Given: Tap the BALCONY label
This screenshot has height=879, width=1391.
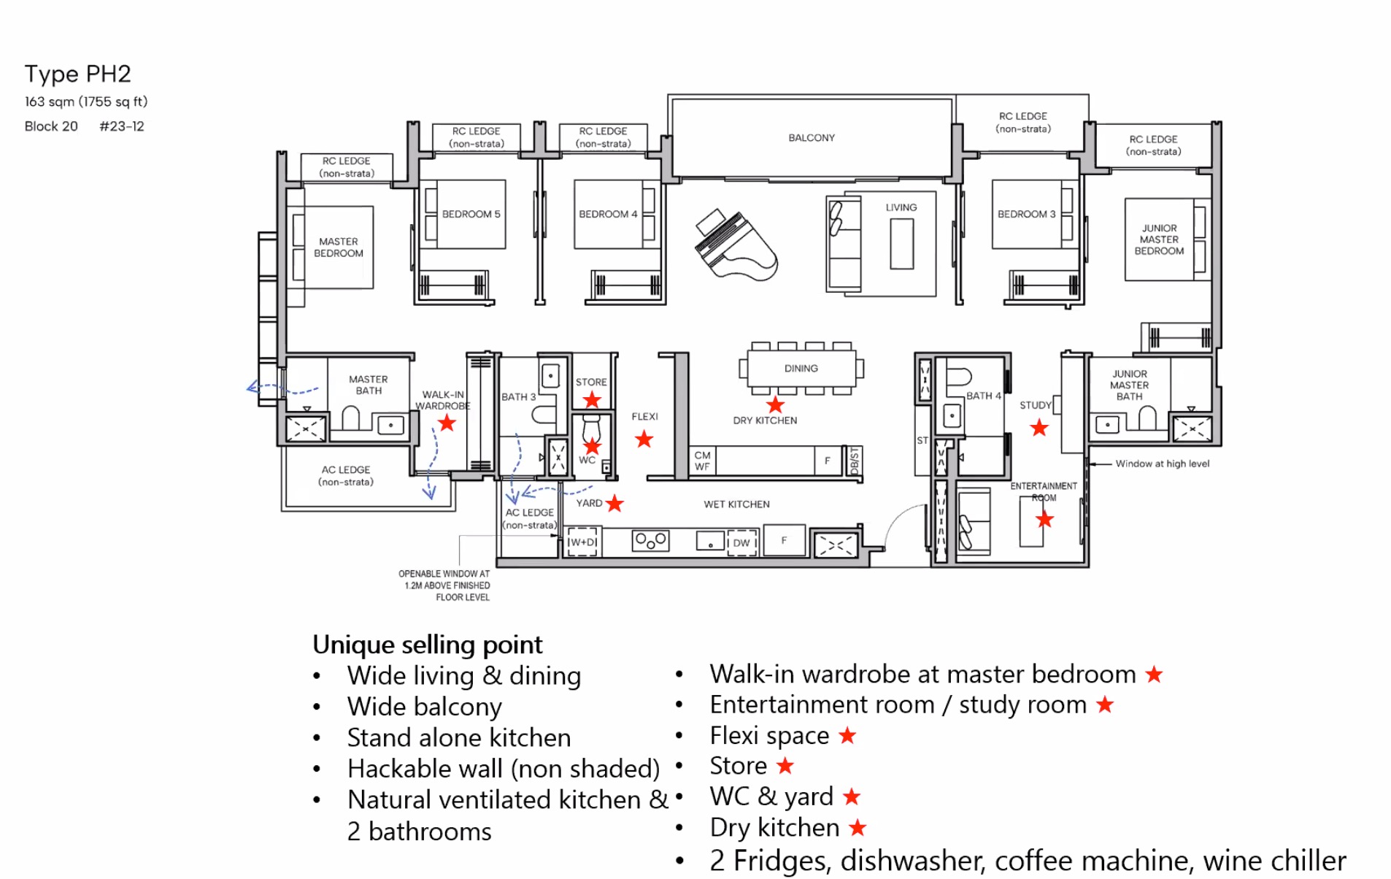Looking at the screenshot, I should pos(811,137).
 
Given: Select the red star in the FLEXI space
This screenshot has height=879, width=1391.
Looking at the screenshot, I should pos(643,439).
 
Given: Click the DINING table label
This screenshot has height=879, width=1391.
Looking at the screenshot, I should pos(801,368).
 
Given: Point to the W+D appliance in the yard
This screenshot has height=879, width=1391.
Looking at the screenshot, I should pos(582,542).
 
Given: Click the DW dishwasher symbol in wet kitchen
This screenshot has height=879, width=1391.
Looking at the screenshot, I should pos(741,542).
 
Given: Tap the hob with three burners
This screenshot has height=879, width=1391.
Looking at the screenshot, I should pos(650,540).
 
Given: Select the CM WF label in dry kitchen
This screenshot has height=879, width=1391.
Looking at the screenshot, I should pos(702,461).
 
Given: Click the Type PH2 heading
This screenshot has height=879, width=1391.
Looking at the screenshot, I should pos(77,74).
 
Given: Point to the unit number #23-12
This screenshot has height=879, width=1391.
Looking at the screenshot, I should pos(121,126).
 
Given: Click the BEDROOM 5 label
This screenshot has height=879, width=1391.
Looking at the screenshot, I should pos(471,214).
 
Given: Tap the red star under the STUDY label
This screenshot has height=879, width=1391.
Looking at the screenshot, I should pos(1039,428).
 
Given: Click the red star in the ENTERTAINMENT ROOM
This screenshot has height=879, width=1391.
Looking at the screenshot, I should pos(1044,519).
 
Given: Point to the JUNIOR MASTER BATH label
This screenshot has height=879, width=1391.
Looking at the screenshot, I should pos(1128,385).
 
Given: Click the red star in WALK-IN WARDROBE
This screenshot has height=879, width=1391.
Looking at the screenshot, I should pos(447,423).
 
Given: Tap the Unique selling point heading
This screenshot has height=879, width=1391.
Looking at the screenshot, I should pos(427,644).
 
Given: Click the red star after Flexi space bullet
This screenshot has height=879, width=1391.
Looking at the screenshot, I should pos(847,735).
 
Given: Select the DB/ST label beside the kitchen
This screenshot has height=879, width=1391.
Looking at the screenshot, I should pos(855,461).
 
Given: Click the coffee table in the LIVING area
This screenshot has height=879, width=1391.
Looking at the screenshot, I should pos(901,244).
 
